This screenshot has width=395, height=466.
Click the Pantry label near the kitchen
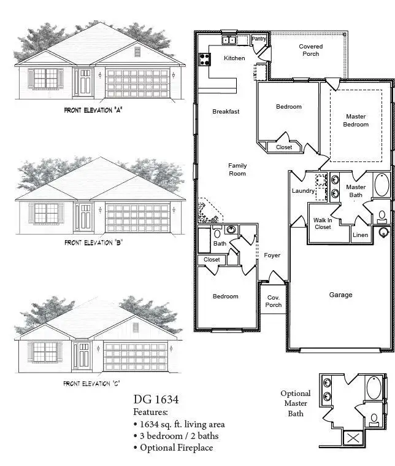click(259, 39)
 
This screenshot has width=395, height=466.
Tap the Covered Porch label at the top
click(310, 50)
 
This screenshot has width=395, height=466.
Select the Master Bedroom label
click(356, 120)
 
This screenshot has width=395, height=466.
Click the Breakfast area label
click(226, 112)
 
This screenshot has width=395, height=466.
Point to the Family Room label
click(237, 169)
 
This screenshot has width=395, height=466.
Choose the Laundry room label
click(303, 191)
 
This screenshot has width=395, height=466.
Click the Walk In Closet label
click(323, 223)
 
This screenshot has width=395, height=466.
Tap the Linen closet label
click(360, 235)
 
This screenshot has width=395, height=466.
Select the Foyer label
click(272, 255)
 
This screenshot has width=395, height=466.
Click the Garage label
click(340, 295)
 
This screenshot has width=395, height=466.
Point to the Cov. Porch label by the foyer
click(274, 301)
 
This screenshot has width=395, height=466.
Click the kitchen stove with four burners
click(204, 60)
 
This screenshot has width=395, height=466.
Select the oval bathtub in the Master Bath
click(381, 185)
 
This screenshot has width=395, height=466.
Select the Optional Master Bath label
click(296, 403)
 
